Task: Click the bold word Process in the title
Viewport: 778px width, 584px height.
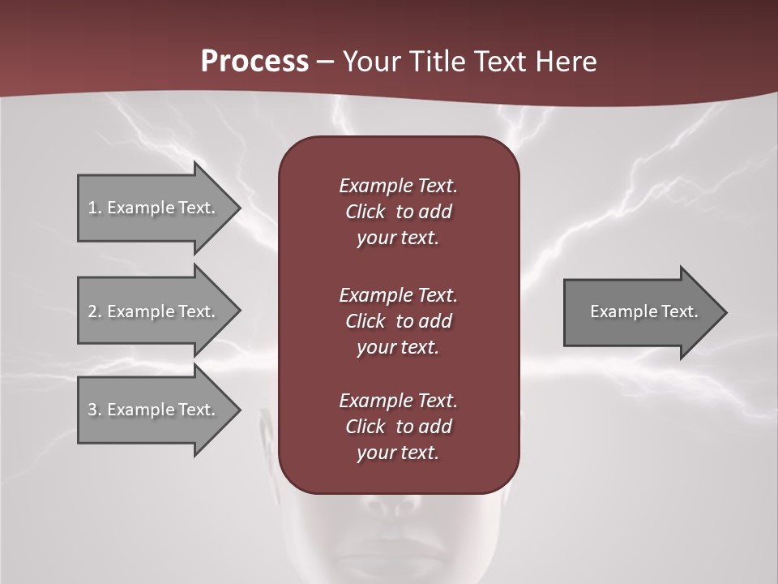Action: [254, 62]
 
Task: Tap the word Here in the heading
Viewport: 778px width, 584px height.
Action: [566, 62]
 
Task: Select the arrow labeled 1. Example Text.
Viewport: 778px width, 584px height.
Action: [154, 208]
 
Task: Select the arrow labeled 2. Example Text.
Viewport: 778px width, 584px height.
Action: [154, 311]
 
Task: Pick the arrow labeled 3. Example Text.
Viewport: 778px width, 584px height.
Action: [154, 410]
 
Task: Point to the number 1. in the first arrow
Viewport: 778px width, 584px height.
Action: [95, 208]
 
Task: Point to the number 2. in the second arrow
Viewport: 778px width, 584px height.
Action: [95, 311]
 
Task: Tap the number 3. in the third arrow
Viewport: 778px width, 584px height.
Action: [95, 410]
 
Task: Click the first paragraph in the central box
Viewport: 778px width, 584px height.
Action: [398, 212]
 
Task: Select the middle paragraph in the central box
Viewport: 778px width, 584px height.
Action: [398, 321]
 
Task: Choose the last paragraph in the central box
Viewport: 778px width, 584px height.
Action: [398, 427]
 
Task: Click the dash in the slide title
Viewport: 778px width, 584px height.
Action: [326, 62]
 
